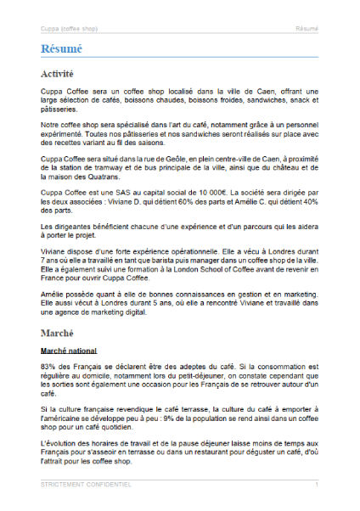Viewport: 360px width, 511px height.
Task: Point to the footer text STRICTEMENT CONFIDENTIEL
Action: [86, 484]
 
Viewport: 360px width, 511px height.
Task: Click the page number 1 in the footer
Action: [317, 484]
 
